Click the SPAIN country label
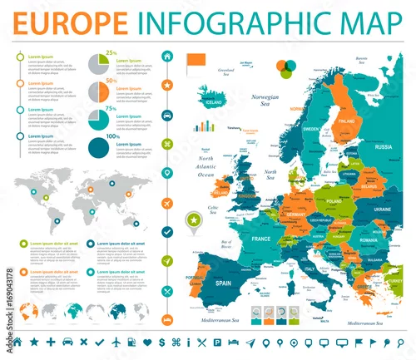pyautogui.click(x=222, y=284)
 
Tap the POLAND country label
pyautogui.click(x=334, y=202)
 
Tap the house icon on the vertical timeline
pyautogui.click(x=167, y=56)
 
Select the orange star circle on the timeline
pyautogui.click(x=167, y=85)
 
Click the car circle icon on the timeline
pyautogui.click(x=167, y=114)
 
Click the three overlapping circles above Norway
pyautogui.click(x=285, y=67)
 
